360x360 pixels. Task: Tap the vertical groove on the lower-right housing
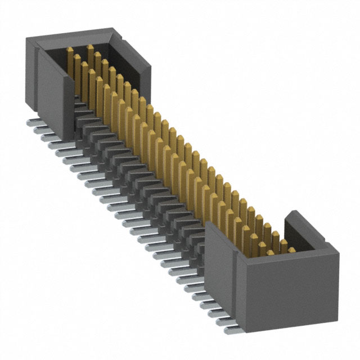point(235,281)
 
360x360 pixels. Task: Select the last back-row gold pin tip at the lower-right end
point(291,249)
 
